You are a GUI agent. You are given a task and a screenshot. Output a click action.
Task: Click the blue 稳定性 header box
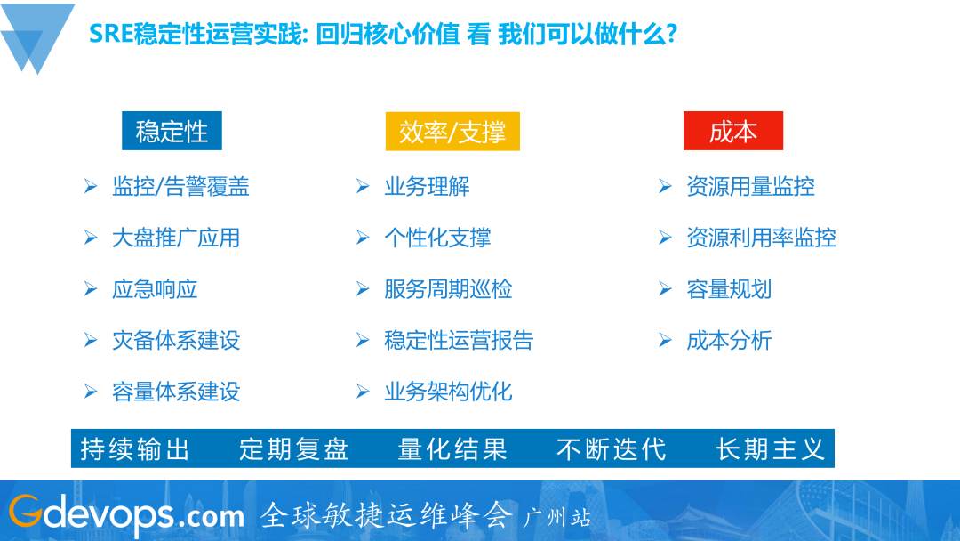pyautogui.click(x=172, y=131)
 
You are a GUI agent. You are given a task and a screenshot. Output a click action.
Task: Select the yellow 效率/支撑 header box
pyautogui.click(x=452, y=131)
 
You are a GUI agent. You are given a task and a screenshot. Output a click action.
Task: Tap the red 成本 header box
pyautogui.click(x=732, y=131)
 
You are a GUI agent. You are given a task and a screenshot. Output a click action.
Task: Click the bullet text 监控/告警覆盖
pyautogui.click(x=180, y=187)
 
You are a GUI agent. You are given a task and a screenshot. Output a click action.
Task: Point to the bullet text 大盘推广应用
pyautogui.click(x=176, y=238)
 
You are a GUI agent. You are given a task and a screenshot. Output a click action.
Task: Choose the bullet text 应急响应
pyautogui.click(x=155, y=289)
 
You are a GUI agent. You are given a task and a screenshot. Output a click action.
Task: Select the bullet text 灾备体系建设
pyautogui.click(x=176, y=340)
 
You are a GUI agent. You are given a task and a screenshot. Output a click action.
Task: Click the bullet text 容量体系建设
pyautogui.click(x=176, y=392)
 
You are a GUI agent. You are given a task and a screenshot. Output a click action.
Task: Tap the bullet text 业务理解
pyautogui.click(x=427, y=187)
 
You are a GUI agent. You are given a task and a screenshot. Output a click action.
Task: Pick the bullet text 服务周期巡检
pyautogui.click(x=448, y=289)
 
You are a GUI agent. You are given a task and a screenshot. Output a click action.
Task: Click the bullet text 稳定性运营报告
pyautogui.click(x=459, y=340)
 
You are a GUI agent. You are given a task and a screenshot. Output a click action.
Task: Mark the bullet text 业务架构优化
pyautogui.click(x=448, y=392)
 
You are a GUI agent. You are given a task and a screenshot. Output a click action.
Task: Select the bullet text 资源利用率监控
pyautogui.click(x=761, y=238)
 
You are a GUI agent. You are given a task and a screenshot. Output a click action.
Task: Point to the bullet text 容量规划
pyautogui.click(x=729, y=289)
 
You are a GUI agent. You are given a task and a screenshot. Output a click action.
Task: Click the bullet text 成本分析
pyautogui.click(x=729, y=340)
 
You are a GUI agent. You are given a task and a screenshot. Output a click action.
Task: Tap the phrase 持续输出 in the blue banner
pyautogui.click(x=135, y=449)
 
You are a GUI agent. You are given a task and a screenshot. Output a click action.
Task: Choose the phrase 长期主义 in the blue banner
pyautogui.click(x=771, y=449)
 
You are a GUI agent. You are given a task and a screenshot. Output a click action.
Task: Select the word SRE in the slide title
pyautogui.click(x=111, y=35)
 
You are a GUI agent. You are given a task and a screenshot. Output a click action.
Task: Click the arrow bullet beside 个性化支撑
pyautogui.click(x=363, y=238)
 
